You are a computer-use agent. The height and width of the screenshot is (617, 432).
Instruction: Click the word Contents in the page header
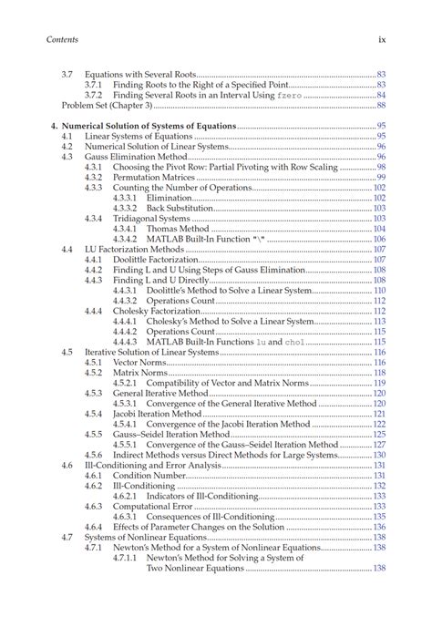pyautogui.click(x=62, y=39)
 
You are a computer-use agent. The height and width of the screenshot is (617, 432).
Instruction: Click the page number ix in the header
pyautogui.click(x=383, y=39)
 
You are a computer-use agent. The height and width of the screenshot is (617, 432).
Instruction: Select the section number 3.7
pyautogui.click(x=67, y=73)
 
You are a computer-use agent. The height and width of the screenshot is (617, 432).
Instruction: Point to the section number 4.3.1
pyautogui.click(x=94, y=167)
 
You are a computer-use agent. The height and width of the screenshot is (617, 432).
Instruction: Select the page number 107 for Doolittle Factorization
pyautogui.click(x=379, y=260)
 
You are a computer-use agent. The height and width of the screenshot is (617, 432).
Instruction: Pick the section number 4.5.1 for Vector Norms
pyautogui.click(x=94, y=362)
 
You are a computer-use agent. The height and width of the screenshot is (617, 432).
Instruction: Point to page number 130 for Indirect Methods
pyautogui.click(x=379, y=455)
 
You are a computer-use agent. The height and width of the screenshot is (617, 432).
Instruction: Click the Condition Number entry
pyautogui.click(x=146, y=476)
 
